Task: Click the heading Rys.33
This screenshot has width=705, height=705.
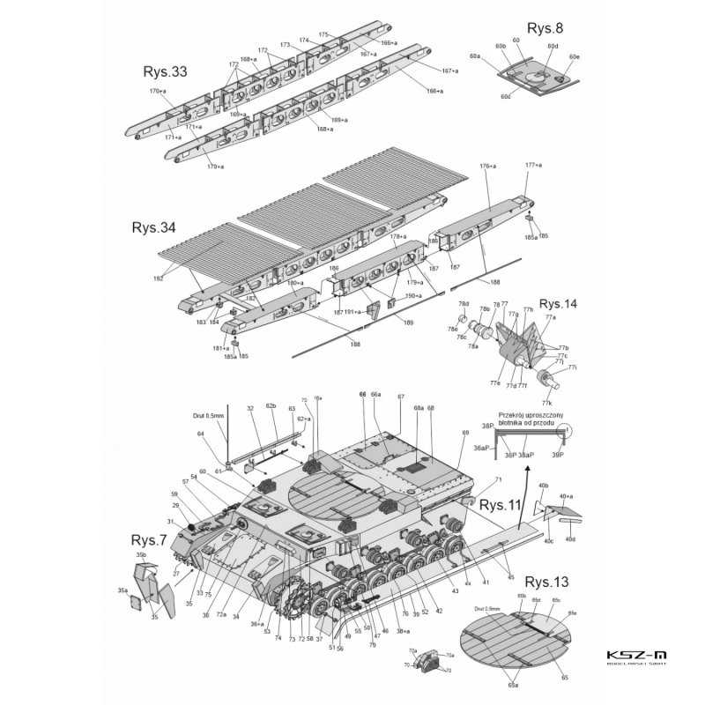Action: [167, 71]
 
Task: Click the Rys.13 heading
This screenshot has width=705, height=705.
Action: [547, 583]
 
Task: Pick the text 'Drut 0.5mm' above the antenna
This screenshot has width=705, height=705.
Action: [210, 414]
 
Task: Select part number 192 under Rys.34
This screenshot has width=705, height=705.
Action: [159, 278]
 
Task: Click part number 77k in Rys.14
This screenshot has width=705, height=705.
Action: [546, 402]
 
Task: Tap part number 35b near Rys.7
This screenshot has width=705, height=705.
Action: [141, 555]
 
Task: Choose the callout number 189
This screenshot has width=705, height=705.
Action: [408, 323]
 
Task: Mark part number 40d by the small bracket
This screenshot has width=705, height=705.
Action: [570, 538]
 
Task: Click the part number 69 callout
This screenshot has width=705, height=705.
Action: [465, 433]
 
